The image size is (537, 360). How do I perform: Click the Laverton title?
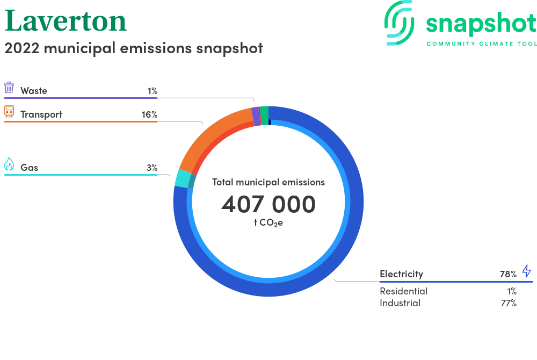[66, 21]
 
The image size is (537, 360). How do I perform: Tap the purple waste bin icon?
[9, 88]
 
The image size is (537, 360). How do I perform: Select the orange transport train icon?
[9, 111]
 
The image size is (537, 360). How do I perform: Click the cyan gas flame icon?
[9, 164]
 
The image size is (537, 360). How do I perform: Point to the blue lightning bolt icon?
[527, 271]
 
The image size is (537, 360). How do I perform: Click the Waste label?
[33, 91]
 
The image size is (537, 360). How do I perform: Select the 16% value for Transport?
[149, 114]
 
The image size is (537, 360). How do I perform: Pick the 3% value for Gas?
[152, 168]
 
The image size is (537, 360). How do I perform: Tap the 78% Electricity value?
[508, 274]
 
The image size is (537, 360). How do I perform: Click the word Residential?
[403, 291]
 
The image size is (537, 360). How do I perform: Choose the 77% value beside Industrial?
[509, 303]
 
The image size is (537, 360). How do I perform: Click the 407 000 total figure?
[268, 204]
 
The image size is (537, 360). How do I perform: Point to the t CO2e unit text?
[268, 222]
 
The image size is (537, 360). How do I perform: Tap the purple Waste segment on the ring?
[256, 117]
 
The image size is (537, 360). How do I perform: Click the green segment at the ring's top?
[264, 116]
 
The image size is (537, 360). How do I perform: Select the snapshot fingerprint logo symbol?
[399, 23]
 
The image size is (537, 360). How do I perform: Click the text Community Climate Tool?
[482, 44]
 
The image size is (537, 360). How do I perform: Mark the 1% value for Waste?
[153, 91]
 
